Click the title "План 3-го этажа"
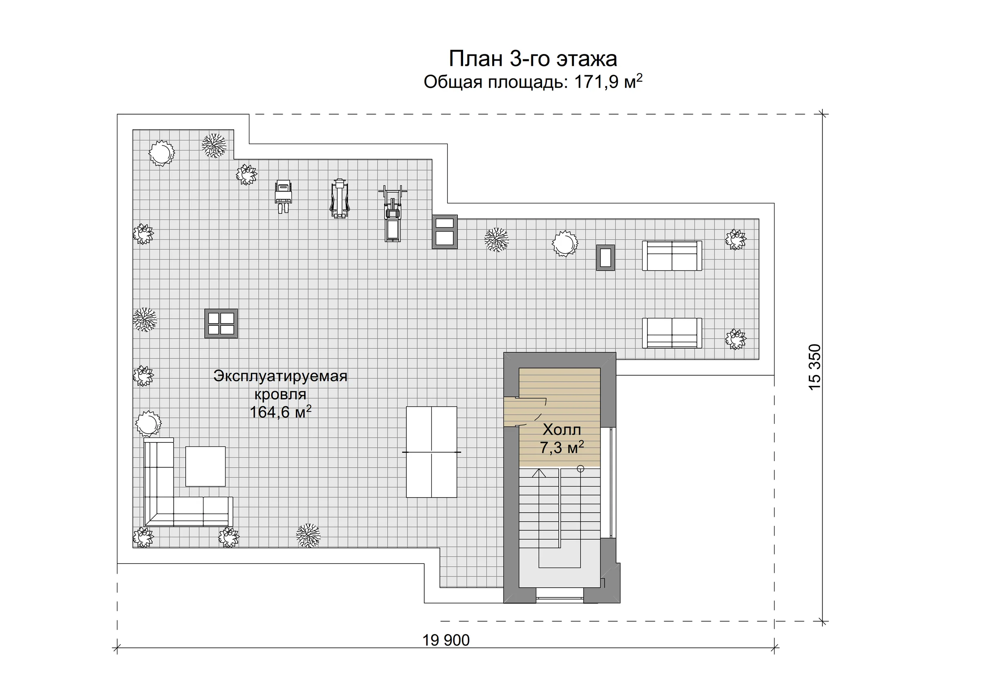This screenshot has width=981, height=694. tap(533, 59)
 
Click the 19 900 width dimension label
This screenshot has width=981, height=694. tap(446, 640)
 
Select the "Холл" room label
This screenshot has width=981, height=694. tap(562, 429)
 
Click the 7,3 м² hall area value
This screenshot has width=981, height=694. tap(562, 447)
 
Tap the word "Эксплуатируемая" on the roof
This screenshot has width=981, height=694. tap(280, 376)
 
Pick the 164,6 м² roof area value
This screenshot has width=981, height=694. tap(280, 412)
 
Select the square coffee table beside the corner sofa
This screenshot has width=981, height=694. tap(206, 466)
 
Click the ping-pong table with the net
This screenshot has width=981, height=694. tap(432, 452)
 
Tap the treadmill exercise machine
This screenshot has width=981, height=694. tap(393, 214)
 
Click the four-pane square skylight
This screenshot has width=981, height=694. tap(221, 324)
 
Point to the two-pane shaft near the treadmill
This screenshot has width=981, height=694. tap(445, 231)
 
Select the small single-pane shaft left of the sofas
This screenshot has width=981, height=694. tap(605, 257)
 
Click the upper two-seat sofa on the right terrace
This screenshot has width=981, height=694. tap(672, 256)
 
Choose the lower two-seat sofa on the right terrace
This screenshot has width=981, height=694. tap(672, 333)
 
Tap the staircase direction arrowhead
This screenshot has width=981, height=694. tap(539, 473)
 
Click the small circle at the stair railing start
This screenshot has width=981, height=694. tap(580, 469)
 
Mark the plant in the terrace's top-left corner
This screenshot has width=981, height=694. tap(161, 153)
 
